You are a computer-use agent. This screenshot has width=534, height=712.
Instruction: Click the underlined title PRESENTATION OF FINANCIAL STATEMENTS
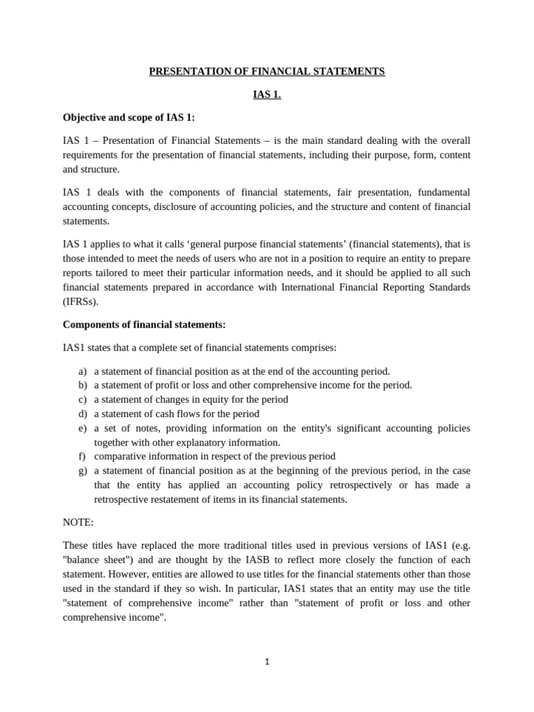tap(267, 72)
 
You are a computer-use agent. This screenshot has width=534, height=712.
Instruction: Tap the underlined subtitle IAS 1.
tap(267, 95)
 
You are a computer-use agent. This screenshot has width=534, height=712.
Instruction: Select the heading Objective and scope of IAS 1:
tap(129, 118)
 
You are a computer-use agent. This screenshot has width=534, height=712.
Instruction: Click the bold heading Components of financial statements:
tap(144, 325)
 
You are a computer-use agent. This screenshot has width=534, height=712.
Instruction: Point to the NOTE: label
tap(78, 521)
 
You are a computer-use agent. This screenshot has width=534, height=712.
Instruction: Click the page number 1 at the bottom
tap(266, 662)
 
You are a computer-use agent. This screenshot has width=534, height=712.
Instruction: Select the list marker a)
tap(83, 371)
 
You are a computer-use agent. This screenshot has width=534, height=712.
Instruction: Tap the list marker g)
tap(83, 471)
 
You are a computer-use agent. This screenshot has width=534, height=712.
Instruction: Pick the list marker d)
tap(83, 414)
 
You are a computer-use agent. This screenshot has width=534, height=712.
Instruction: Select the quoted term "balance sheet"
tap(95, 560)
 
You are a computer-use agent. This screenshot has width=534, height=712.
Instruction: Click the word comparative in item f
tap(119, 457)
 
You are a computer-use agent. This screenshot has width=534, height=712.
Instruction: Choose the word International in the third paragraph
tap(311, 287)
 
